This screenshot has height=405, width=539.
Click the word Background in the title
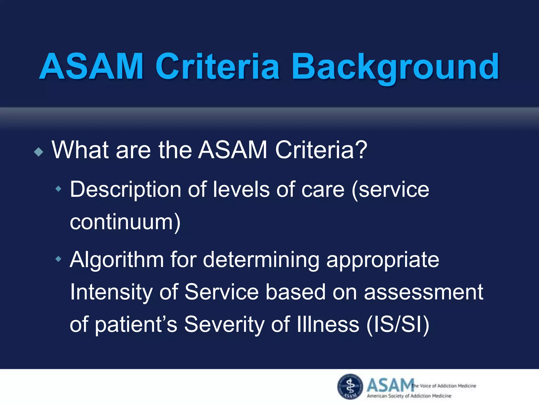395,67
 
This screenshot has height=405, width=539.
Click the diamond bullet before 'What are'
39,152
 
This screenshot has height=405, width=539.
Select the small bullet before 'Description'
58,189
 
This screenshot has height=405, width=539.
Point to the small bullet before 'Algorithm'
58,259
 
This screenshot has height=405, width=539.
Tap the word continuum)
125,222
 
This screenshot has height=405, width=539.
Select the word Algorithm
117,260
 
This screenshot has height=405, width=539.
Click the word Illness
328,324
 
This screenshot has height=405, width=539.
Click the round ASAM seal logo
350,387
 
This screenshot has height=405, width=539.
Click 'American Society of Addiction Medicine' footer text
409,396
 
